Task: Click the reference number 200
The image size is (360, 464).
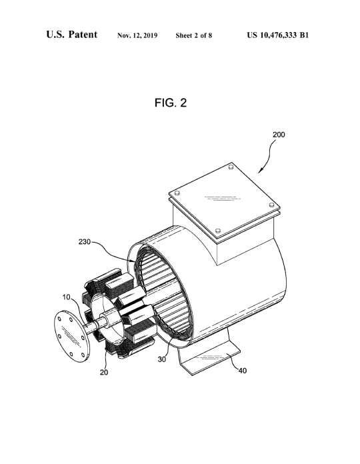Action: [279, 135]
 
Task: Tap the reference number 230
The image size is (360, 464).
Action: [85, 242]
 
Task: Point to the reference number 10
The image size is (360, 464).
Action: [66, 297]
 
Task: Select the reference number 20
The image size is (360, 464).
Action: [104, 372]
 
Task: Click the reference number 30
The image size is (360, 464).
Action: [162, 359]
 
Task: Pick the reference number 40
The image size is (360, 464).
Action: [243, 371]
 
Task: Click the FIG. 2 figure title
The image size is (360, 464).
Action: [171, 103]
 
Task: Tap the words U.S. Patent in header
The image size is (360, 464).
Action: [71, 35]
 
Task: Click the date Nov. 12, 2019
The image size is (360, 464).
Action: [137, 35]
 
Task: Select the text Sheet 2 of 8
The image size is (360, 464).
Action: [194, 35]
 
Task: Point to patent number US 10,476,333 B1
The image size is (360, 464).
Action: [278, 35]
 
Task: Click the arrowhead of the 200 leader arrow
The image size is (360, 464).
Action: [259, 171]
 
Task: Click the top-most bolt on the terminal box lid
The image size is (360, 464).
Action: [231, 167]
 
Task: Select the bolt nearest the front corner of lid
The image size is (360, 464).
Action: [218, 231]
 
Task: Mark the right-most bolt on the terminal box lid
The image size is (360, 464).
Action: [271, 205]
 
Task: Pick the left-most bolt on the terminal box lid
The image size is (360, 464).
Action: [177, 193]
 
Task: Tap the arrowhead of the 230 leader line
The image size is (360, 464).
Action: [134, 261]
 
